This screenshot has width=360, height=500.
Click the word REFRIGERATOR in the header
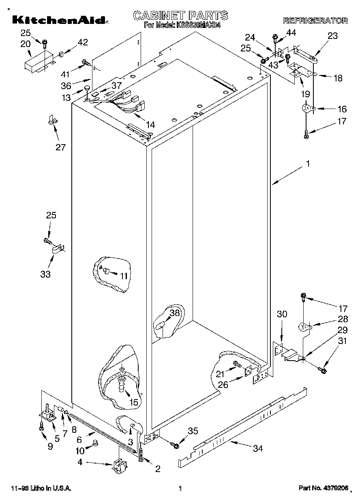[x=315, y=20]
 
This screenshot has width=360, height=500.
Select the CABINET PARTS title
[x=180, y=15]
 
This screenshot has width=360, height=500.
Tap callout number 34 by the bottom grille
[x=258, y=448]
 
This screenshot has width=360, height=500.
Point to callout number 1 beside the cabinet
[x=308, y=164]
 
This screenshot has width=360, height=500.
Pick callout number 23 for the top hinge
[x=332, y=36]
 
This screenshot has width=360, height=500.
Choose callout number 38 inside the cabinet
[x=174, y=313]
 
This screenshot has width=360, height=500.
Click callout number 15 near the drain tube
[x=133, y=402]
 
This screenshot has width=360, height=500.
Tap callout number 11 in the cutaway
[x=124, y=276]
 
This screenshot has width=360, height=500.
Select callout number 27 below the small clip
[x=60, y=147]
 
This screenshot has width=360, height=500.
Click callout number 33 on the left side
[x=45, y=274]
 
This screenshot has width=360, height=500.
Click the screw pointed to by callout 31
[x=323, y=370]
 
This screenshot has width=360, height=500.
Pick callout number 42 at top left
[x=82, y=42]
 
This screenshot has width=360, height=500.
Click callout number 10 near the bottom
[x=80, y=451]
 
